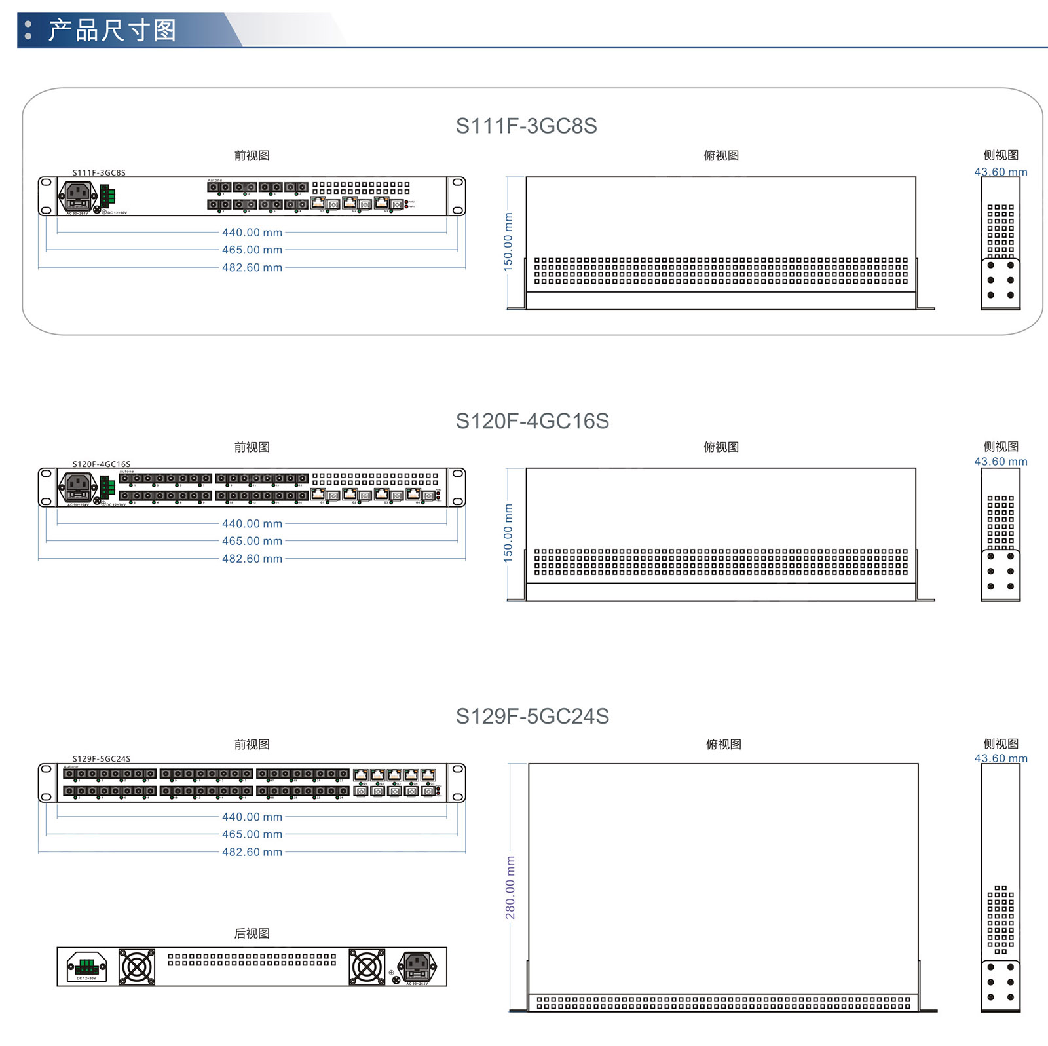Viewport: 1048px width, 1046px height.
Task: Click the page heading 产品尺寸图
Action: pos(112,30)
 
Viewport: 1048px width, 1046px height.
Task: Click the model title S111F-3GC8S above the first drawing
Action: pos(526,126)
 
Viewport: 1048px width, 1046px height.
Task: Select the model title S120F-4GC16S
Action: pos(532,421)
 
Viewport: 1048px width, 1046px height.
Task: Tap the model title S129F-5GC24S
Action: pos(532,717)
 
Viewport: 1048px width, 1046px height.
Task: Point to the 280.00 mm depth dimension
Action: pos(510,887)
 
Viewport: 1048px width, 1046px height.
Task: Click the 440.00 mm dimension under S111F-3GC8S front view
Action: pos(252,233)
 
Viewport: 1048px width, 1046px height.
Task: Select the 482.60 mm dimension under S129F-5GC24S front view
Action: pos(252,852)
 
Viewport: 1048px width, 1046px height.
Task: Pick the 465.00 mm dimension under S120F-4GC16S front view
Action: pos(252,541)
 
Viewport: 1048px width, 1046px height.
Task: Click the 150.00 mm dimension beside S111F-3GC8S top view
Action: pos(508,242)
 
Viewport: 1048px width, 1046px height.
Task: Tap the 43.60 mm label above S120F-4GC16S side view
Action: pos(1000,462)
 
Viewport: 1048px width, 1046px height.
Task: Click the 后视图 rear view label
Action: pos(252,933)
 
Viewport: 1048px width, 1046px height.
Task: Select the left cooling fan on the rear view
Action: pos(137,967)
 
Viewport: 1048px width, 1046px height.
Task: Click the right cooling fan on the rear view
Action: pos(367,967)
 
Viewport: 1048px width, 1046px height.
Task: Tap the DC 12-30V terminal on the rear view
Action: pos(86,967)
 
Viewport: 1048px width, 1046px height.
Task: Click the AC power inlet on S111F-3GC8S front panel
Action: pos(78,195)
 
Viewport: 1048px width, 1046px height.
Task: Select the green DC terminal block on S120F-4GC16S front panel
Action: pos(107,487)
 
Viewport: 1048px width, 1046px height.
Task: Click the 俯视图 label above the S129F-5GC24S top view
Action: pos(723,745)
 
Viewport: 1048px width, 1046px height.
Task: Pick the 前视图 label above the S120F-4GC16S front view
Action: pos(252,447)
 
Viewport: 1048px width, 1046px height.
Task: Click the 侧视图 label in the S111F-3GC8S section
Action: pos(1000,155)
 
